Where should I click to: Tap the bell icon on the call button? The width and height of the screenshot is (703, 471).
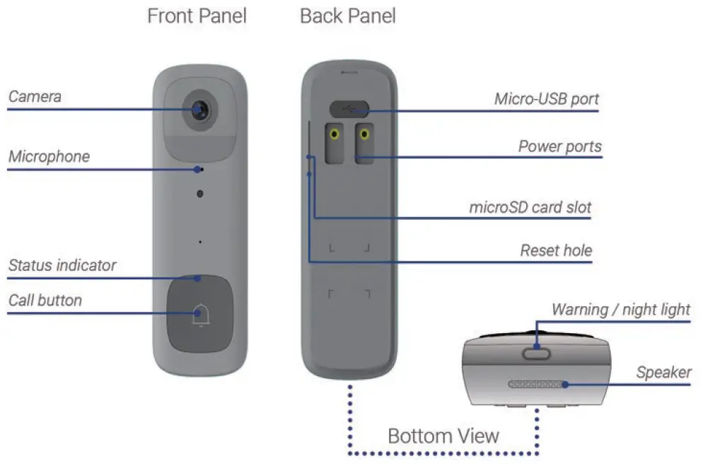pos(200,313)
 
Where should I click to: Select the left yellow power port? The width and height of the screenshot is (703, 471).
pos(332,134)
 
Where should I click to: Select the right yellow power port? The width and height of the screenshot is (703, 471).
pos(364,134)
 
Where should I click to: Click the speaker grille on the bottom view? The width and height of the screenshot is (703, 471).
pos(536,384)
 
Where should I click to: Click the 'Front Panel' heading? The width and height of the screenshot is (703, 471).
pos(197,16)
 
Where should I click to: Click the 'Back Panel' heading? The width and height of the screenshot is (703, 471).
pos(347,16)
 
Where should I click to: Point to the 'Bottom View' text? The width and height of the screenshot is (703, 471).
pos(443,435)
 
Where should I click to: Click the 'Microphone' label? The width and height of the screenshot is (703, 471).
pos(49,156)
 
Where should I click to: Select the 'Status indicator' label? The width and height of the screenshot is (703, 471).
pos(62,265)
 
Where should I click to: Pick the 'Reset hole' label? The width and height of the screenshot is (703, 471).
pos(556,250)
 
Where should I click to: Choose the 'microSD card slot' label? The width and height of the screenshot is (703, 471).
pos(530,208)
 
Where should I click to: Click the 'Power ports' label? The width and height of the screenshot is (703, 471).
pos(559,146)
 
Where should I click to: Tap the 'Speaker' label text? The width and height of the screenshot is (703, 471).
pos(663,372)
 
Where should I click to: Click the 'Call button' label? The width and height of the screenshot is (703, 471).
pos(45,300)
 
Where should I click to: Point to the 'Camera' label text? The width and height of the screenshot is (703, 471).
pos(35,95)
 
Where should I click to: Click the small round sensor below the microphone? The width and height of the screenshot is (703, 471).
pos(200,193)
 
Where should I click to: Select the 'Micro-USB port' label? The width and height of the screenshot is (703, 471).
pos(546,98)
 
